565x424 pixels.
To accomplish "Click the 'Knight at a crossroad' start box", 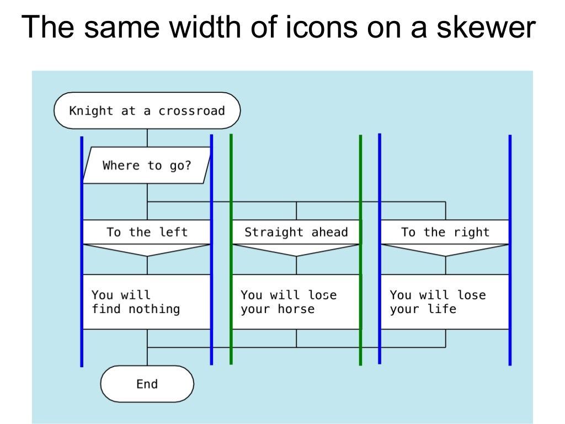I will [x=147, y=110].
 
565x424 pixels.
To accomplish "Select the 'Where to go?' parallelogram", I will [x=147, y=166].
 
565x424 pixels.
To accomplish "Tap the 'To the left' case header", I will [x=147, y=232].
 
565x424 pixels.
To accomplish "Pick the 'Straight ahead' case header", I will [x=296, y=232].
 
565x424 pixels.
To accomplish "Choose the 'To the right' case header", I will [x=445, y=232].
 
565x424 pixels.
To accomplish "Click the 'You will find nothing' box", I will [x=147, y=302].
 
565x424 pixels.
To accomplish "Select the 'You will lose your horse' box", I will [x=296, y=302].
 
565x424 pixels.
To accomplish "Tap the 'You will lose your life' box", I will [x=445, y=302].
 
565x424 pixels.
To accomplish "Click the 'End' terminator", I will [x=147, y=384].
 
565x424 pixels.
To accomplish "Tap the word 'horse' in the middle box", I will [x=296, y=309].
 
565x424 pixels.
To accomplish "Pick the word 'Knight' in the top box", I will [x=91, y=111].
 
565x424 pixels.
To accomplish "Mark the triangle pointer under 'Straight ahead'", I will [x=296, y=250].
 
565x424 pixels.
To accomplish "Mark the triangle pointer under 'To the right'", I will [x=445, y=250].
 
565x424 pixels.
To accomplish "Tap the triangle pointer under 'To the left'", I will [x=147, y=250].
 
